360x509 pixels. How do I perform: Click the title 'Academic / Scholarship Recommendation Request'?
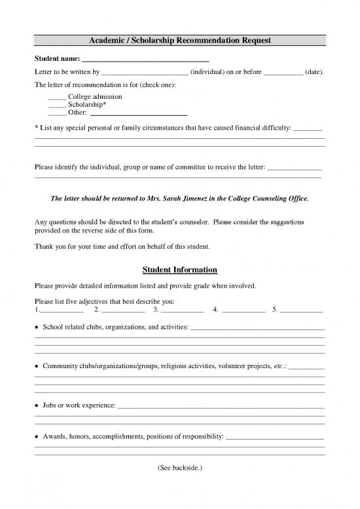[x=180, y=41]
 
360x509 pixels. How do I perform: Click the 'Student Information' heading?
[x=180, y=270]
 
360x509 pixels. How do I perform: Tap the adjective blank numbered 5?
[x=302, y=312]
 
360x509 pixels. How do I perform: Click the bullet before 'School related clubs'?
[x=36, y=327]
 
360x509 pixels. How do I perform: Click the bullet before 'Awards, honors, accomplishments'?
[x=36, y=436]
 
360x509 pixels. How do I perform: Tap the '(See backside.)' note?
[x=180, y=468]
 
